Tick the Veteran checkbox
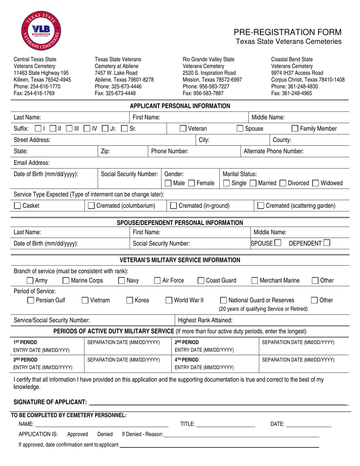[183, 129]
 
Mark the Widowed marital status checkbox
[316, 183]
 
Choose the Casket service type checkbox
[17, 206]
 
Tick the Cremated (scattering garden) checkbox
[261, 206]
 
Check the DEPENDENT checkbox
[327, 243]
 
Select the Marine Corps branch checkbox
[66, 281]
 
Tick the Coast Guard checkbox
[201, 281]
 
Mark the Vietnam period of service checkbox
[86, 300]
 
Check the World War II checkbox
[169, 300]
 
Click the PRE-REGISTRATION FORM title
[287, 32]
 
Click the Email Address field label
[31, 163]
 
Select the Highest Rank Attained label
[205, 320]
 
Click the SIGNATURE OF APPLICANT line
[218, 402]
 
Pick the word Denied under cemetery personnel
[105, 434]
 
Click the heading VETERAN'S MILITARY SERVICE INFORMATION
[180, 260]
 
